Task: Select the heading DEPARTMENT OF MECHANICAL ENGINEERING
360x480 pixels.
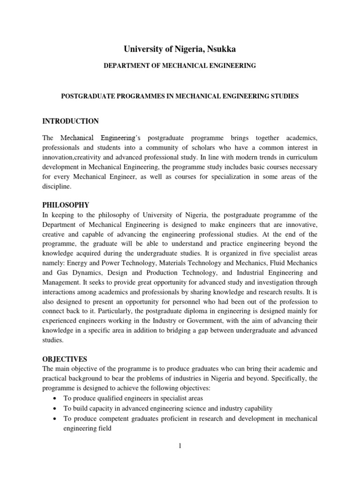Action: pyautogui.click(x=180, y=66)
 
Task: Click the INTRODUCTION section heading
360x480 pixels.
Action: pyautogui.click(x=70, y=121)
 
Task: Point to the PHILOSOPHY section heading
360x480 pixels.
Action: pyautogui.click(x=66, y=205)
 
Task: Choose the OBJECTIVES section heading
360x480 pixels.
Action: pyautogui.click(x=65, y=359)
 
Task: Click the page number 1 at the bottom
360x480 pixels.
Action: pyautogui.click(x=180, y=446)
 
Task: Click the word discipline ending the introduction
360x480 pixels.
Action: pyautogui.click(x=57, y=186)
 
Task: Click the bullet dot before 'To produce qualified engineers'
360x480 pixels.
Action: pyautogui.click(x=56, y=398)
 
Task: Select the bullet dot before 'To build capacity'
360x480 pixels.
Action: pyautogui.click(x=56, y=408)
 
